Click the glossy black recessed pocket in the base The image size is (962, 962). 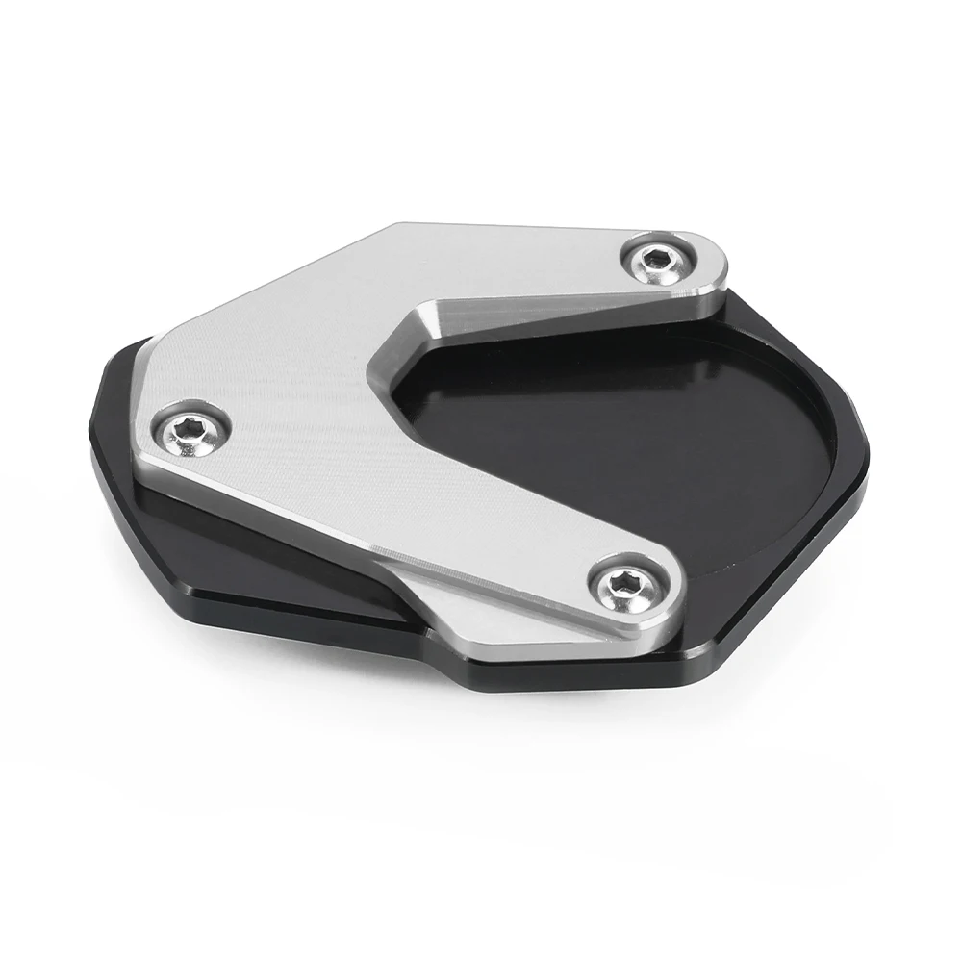coord(616,433)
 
